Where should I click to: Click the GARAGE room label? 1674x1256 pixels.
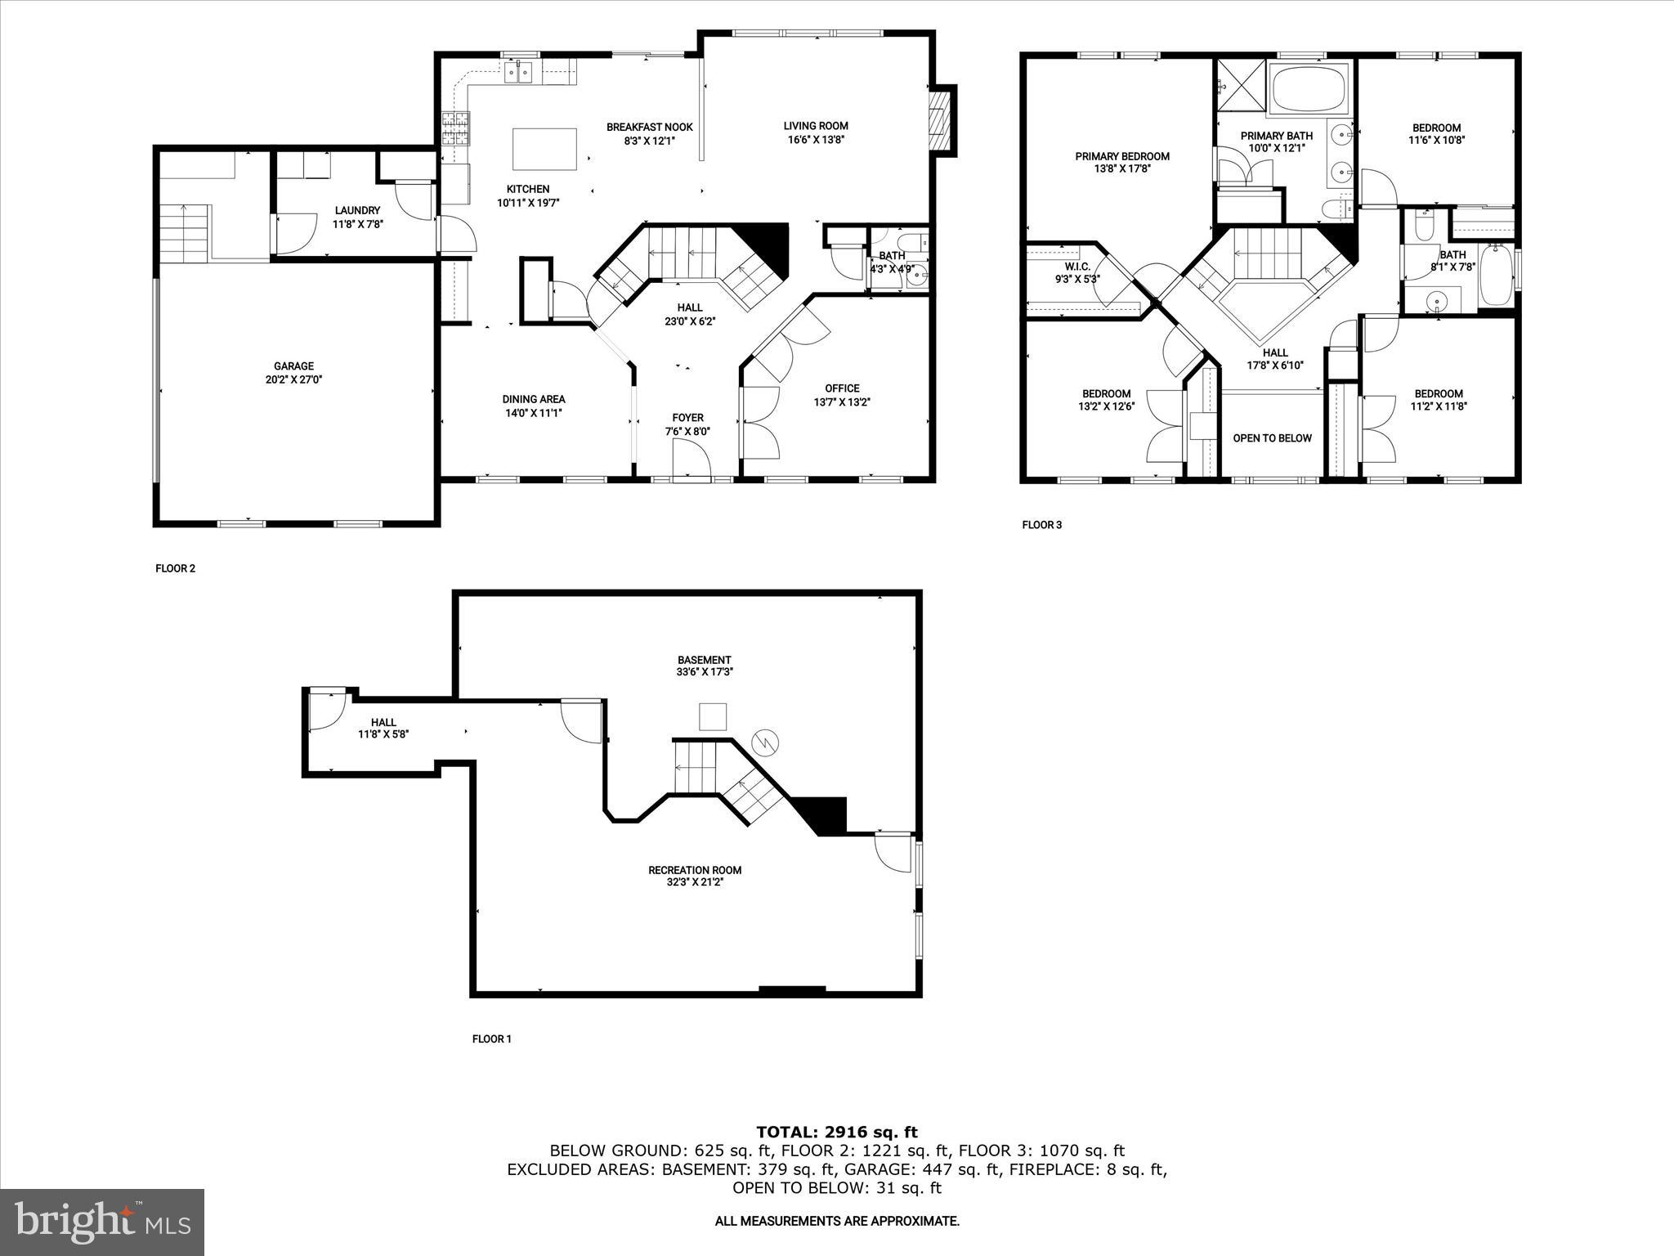[293, 366]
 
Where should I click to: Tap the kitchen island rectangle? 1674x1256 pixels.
[544, 148]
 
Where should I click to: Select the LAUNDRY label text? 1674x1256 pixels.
[357, 210]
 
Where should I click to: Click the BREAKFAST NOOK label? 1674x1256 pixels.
[649, 127]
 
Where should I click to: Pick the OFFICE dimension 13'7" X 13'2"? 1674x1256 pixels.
[842, 402]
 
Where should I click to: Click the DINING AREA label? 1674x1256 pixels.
[533, 399]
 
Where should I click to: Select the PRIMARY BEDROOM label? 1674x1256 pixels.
[1121, 156]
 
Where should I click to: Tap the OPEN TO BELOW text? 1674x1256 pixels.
[1272, 438]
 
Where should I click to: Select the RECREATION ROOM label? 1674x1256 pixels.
[695, 870]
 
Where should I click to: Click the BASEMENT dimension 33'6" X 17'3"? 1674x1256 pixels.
[704, 672]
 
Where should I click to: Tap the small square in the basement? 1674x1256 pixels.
[713, 716]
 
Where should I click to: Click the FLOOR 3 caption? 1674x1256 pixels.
[1041, 525]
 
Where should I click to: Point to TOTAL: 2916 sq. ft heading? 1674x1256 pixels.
[836, 1133]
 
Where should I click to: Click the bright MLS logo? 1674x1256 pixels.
[102, 1222]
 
